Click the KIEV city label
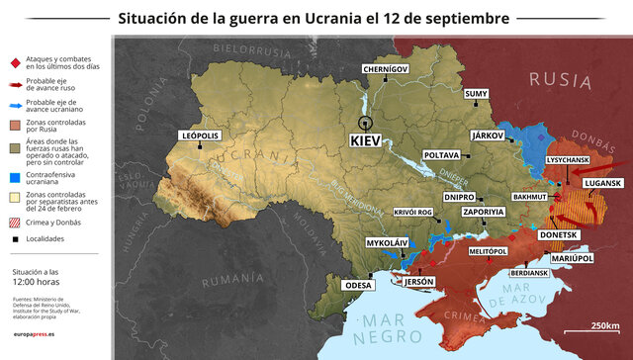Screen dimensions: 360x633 tap(365, 141)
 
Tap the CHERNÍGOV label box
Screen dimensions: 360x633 tap(384, 69)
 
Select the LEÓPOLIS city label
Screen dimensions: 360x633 tap(200, 135)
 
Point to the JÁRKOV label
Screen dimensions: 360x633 tap(486, 134)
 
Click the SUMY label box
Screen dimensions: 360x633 tap(476, 93)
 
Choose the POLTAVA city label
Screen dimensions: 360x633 tap(440, 155)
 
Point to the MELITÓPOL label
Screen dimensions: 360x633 tap(487, 252)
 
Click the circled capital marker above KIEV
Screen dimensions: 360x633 tap(366, 123)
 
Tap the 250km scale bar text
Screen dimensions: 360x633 tap(605, 326)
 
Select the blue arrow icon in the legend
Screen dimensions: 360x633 tap(14, 105)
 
